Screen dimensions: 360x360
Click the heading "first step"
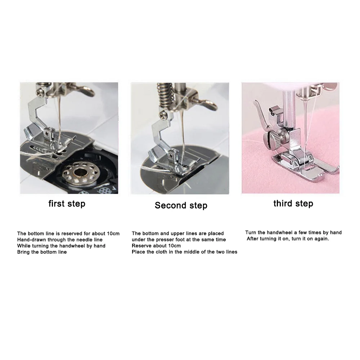(x=67, y=204)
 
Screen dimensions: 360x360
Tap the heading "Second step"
(x=181, y=206)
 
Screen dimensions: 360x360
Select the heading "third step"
(x=293, y=203)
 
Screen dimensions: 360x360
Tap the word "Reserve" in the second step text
(x=141, y=246)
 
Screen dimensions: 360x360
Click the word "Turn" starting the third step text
(x=251, y=233)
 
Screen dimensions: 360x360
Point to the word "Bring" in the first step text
(x=24, y=252)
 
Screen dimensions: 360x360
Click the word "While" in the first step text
(x=24, y=246)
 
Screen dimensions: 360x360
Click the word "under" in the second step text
(x=139, y=240)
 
